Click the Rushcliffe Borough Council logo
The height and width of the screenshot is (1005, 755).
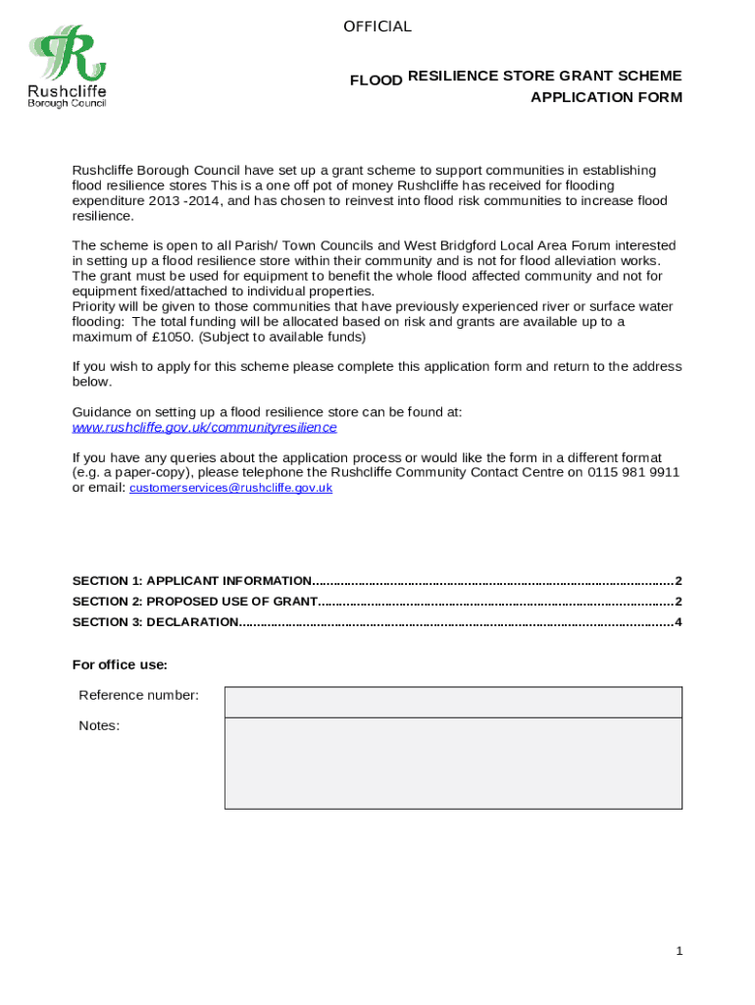[x=68, y=67]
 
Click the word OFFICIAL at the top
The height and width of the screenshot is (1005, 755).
[x=377, y=26]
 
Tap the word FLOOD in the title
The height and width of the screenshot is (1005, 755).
[x=377, y=80]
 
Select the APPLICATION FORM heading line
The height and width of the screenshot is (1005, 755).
[x=606, y=97]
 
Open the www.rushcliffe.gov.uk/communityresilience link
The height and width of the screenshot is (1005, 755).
[x=204, y=428]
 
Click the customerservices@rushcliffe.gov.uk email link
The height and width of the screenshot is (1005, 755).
[x=230, y=488]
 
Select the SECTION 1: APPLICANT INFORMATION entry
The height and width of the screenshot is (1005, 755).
[x=192, y=581]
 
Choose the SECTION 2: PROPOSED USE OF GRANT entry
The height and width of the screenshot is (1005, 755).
[x=195, y=602]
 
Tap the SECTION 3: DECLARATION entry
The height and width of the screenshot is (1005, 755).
[x=155, y=622]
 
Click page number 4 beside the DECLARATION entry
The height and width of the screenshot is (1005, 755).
[x=678, y=622]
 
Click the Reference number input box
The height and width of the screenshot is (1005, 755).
[x=452, y=702]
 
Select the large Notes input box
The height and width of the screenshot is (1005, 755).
[x=452, y=763]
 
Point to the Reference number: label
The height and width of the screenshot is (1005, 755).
[x=138, y=696]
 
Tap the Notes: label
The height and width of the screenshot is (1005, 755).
[x=99, y=726]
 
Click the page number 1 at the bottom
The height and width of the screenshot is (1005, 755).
[x=678, y=951]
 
